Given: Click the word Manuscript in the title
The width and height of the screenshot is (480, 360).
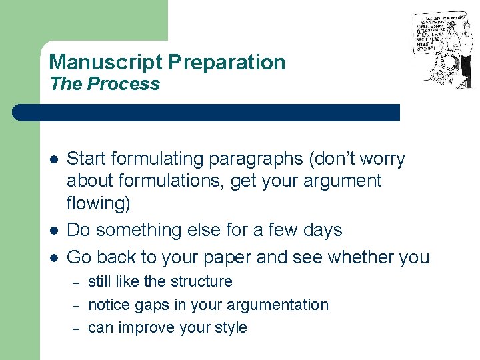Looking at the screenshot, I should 105,63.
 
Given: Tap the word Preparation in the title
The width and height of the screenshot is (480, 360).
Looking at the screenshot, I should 227,63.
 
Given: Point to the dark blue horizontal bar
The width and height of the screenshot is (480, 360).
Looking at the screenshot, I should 207,113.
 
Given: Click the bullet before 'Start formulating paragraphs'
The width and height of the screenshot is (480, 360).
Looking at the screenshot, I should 53,160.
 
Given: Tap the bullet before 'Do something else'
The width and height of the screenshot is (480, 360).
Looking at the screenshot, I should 53,231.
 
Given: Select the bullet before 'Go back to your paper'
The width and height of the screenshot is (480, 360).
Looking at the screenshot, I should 53,257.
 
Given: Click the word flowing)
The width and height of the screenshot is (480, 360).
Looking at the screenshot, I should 99,203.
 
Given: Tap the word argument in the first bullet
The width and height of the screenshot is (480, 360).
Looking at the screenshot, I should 341,181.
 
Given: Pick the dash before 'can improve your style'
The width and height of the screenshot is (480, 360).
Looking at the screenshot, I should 76,327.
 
